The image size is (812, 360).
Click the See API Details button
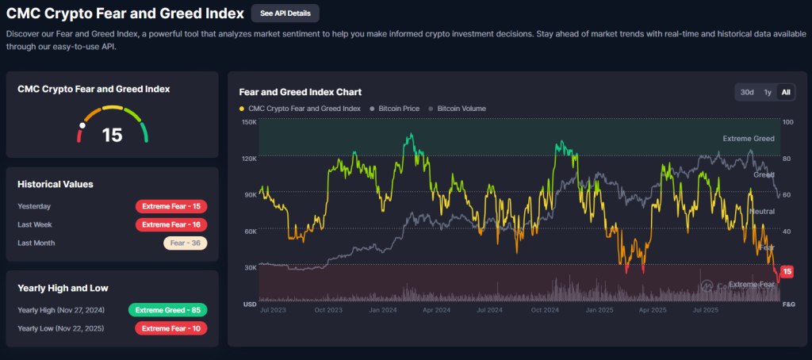coord(285,13)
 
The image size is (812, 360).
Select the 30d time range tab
coord(747,92)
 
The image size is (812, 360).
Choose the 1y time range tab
coord(768,92)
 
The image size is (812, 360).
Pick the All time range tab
coord(786,92)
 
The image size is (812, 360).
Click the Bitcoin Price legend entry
coord(396,109)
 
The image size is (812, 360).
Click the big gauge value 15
coord(113,135)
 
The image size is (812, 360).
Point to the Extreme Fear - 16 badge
coord(171,224)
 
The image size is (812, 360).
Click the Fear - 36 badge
coord(186,243)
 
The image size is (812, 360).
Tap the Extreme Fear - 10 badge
coord(171,327)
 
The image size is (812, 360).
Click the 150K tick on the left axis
coord(248,122)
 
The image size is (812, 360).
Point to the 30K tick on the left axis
coord(249,267)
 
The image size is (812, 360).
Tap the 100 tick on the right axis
coord(787,122)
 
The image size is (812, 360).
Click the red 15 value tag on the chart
coord(787,272)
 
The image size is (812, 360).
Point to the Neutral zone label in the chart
coord(761,212)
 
